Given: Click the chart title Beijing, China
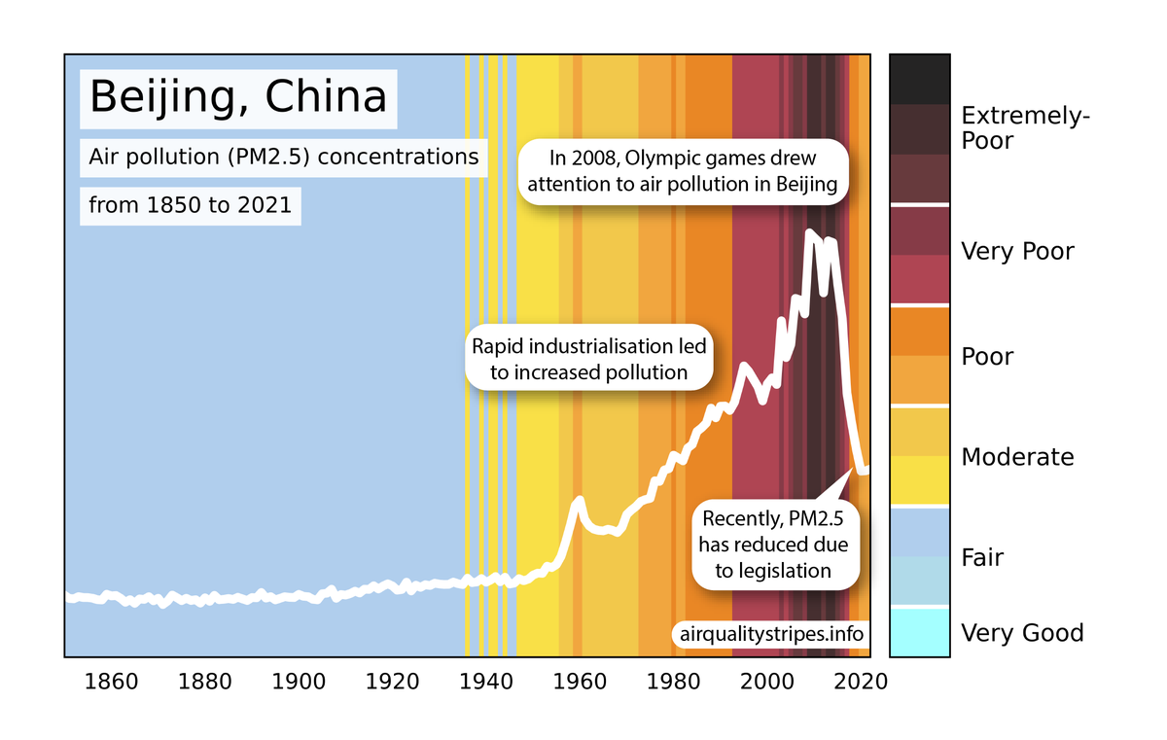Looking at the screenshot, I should (x=237, y=98).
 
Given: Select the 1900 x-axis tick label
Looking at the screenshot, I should (x=299, y=681).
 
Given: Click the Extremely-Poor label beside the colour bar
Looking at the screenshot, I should (x=1025, y=128).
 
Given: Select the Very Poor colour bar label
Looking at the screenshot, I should (x=1017, y=252).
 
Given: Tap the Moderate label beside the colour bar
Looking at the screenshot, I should (x=1017, y=457).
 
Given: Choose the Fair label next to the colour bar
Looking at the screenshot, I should (x=982, y=558).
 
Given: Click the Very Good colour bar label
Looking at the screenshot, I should (x=1022, y=634).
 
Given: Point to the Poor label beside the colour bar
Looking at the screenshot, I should (x=987, y=357).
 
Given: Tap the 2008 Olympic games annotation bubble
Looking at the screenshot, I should (x=684, y=172).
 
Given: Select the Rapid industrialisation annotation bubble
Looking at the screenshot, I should (x=587, y=359).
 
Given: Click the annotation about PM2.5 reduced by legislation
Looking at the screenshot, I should (x=773, y=546).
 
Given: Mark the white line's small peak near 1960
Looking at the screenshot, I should (x=579, y=500).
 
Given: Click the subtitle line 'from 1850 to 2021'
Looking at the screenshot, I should (x=190, y=206).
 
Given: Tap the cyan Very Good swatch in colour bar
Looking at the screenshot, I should (x=919, y=632).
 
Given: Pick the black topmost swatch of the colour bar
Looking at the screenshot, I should (x=919, y=79).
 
